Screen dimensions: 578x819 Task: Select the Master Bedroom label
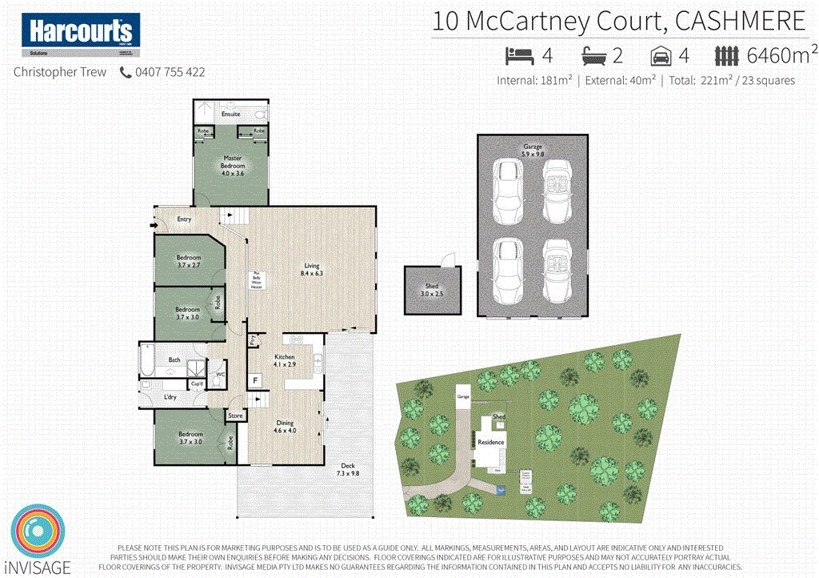point(233,165)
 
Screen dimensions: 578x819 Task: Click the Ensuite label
point(231,114)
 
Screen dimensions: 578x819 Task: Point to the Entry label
point(184,219)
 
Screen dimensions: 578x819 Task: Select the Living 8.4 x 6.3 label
point(311,271)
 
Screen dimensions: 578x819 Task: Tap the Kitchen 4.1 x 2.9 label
point(285,361)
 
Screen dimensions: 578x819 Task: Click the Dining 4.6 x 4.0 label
point(286,427)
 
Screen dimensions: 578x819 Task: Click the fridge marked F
point(256,380)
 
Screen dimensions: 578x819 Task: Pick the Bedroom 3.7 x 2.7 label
point(189,261)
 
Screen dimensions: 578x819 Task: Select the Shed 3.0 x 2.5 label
point(432,291)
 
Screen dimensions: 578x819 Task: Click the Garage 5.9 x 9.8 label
point(532,150)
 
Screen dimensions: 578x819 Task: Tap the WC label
point(221,372)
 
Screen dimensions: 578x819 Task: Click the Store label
point(235,415)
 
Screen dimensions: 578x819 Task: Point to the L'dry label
point(170,397)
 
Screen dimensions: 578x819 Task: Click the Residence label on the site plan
point(490,442)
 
